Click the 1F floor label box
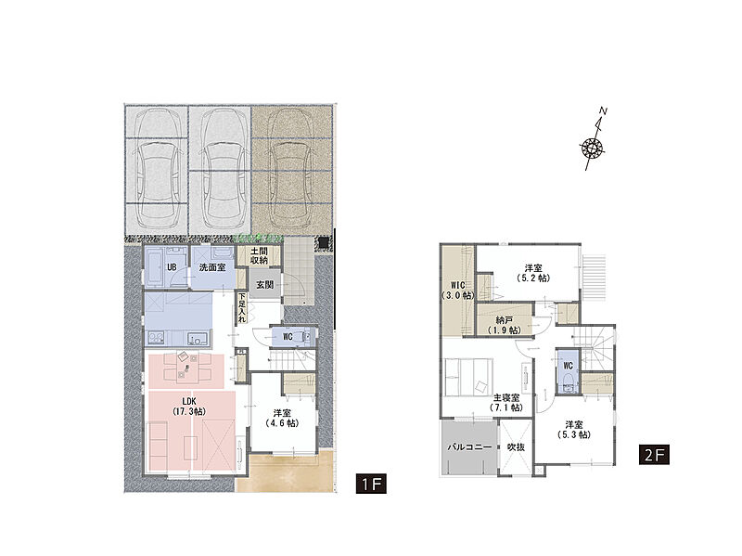pos(371,484)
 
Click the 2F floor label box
pos(655,454)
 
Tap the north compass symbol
pos(594,142)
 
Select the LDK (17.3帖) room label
pos(189,407)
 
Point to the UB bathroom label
pos(172,267)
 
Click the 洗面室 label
pos(212,267)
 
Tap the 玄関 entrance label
pos(265,285)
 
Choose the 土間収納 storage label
pos(260,256)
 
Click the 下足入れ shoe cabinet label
pos(242,308)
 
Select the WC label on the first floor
pos(288,337)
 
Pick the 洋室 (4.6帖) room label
pos(282,418)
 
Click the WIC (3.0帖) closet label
pos(457,291)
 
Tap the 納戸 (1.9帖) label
pos(505,325)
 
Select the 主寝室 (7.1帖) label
pos(506,403)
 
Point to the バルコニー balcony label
pos(469,446)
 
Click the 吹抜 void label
pos(516,446)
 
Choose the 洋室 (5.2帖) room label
pos(533,273)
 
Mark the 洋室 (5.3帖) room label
pos(574,430)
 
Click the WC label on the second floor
pos(568,366)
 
